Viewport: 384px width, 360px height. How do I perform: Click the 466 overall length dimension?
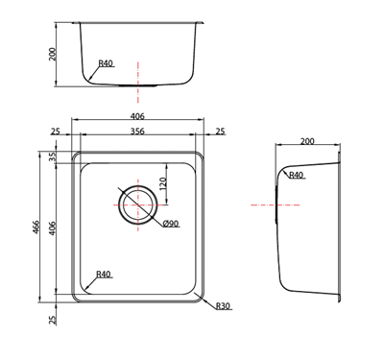(36, 227)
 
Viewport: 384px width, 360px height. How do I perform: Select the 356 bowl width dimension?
(137, 132)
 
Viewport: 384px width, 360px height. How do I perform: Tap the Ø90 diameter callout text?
(171, 224)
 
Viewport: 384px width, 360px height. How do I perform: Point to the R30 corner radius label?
(223, 306)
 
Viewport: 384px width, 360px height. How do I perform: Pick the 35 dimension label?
(53, 156)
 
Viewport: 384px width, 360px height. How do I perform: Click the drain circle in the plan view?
(138, 204)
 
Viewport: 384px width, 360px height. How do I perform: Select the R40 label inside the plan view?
(104, 275)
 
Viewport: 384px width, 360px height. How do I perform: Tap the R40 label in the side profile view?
(296, 175)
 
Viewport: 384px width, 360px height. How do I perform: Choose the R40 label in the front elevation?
(106, 63)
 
